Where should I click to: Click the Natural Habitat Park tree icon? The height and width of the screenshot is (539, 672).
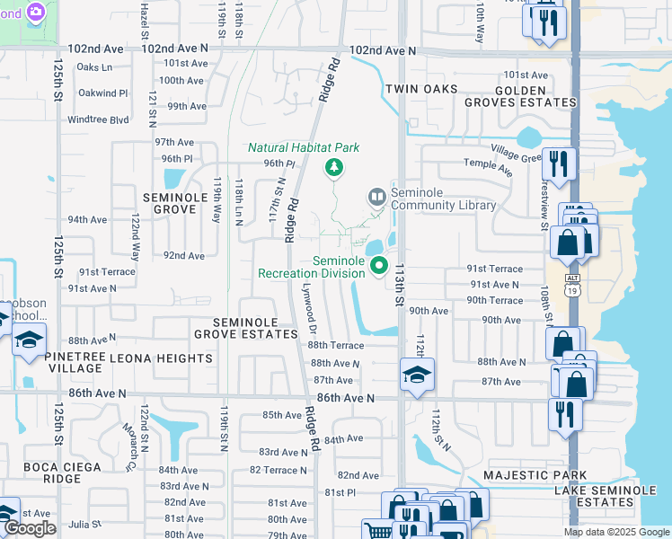tap(334, 166)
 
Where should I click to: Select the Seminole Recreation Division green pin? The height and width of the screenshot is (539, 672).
tap(379, 265)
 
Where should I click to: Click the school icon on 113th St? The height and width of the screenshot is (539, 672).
tap(417, 375)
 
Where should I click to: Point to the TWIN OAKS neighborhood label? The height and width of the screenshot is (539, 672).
tap(421, 89)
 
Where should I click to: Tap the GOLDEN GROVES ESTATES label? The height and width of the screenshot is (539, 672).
tap(520, 96)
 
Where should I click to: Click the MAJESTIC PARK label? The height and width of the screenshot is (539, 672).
tap(535, 475)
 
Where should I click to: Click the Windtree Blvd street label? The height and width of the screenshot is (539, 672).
tap(98, 119)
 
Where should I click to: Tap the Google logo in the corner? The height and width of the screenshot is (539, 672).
tap(30, 528)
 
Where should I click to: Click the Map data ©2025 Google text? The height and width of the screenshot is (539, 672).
tap(615, 532)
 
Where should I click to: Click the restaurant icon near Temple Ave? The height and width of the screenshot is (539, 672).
tap(559, 164)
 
